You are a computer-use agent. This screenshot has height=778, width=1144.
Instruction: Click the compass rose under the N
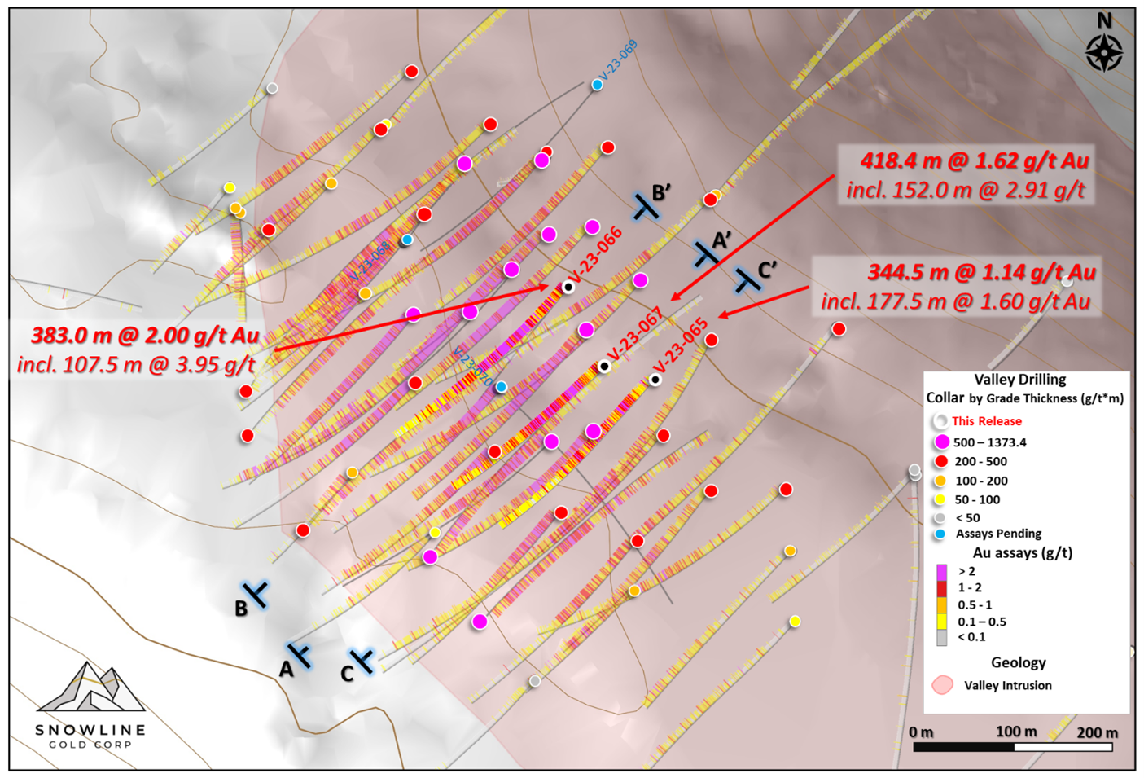point(1104,53)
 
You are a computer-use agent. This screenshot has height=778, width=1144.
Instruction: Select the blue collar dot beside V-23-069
point(597,85)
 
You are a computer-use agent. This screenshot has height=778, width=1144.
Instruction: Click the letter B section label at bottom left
point(241,609)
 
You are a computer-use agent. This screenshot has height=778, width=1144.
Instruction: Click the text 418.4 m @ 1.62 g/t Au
point(975,161)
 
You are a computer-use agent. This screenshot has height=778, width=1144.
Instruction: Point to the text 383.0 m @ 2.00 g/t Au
point(145,336)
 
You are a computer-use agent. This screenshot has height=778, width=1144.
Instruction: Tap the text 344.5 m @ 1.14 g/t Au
point(981,272)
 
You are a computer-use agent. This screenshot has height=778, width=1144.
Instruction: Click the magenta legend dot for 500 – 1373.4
point(942,442)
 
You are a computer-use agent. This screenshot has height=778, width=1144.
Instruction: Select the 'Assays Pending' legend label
point(998,534)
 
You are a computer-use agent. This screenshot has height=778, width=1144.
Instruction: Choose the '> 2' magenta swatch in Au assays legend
point(941,572)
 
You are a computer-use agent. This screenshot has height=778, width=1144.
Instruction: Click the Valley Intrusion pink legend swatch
point(943,684)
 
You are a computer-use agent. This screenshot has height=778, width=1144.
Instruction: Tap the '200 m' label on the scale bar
point(1097,732)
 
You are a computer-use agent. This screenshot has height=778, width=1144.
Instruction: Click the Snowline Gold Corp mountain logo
point(90,689)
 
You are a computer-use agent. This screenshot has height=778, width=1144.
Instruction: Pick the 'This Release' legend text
point(986,421)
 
